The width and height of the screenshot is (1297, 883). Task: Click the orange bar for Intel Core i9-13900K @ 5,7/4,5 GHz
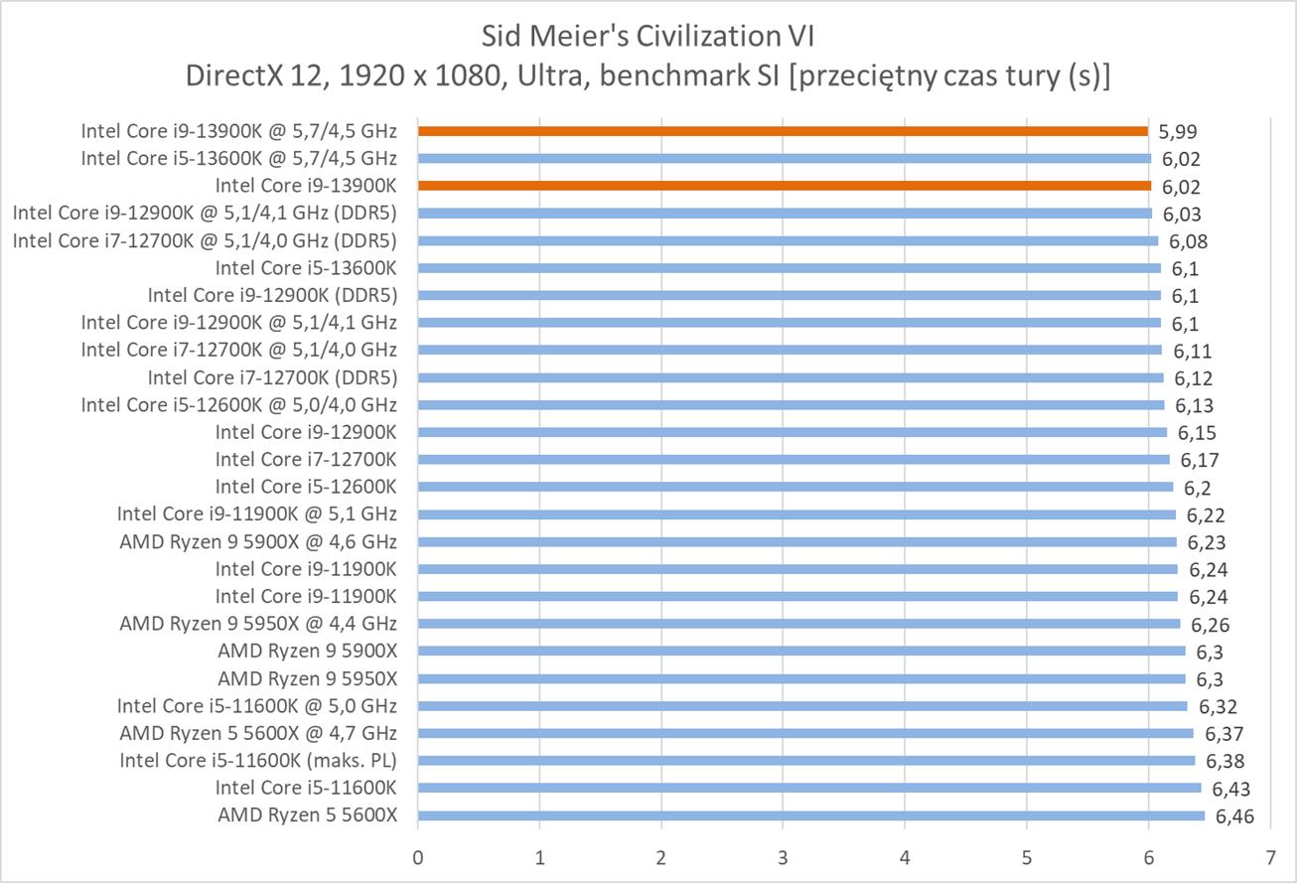(783, 130)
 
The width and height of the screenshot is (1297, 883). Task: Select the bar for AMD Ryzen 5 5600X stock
(810, 815)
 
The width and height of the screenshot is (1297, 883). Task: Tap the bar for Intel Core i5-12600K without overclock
(794, 487)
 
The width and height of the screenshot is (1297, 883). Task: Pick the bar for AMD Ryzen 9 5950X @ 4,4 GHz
(798, 624)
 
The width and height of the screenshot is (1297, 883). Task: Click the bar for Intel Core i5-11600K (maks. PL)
(805, 761)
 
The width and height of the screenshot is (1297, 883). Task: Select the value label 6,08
(1188, 241)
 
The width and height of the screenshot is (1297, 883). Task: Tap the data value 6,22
(1205, 515)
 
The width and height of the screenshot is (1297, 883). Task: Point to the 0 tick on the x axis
(418, 855)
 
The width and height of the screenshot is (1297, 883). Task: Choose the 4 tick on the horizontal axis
(905, 855)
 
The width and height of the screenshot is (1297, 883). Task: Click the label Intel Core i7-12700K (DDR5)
(272, 377)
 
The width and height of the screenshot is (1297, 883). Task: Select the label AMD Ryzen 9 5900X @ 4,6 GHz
(258, 541)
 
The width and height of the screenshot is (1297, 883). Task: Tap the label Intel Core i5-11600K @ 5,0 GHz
(257, 706)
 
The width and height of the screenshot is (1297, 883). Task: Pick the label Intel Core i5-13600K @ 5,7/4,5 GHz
(239, 158)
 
